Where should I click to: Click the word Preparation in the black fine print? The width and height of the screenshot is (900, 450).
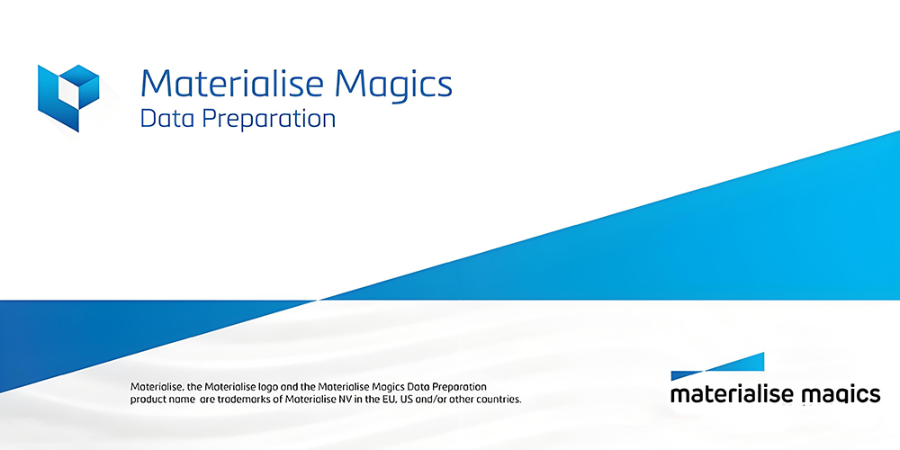click(456, 385)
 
